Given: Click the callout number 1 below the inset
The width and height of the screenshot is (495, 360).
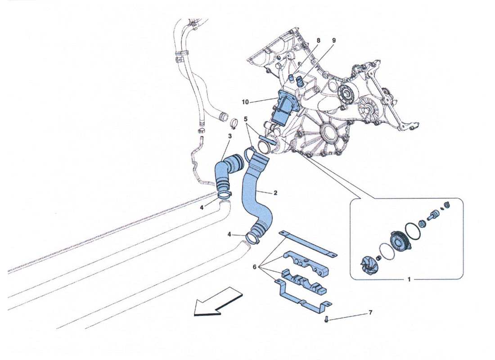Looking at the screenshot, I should (x=409, y=279).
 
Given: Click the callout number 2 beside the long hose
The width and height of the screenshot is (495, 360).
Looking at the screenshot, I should (x=275, y=193).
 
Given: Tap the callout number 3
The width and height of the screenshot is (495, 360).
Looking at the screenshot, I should (x=229, y=136).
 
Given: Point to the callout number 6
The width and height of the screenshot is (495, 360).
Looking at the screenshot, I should (x=254, y=267).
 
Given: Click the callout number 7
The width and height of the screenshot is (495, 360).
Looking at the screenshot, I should (x=370, y=312).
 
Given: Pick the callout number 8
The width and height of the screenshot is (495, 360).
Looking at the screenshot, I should (x=318, y=40).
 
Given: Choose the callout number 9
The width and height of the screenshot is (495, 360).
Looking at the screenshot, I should (x=334, y=40).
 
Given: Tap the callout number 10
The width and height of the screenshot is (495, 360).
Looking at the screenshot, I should (x=245, y=102).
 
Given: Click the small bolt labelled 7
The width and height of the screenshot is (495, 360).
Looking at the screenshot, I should (x=326, y=319).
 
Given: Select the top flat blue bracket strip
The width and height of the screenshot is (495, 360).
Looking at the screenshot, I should (x=308, y=243).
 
